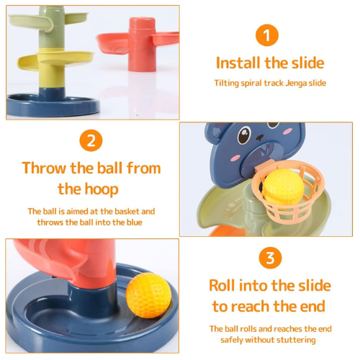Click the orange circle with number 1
267,35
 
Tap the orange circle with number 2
91,140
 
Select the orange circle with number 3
270,258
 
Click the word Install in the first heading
238,63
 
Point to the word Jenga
296,84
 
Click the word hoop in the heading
102,189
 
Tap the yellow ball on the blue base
148,295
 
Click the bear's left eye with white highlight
244,134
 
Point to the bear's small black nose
259,138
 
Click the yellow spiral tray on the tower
55,60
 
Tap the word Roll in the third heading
222,286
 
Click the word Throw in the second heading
44,168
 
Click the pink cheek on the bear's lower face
235,158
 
